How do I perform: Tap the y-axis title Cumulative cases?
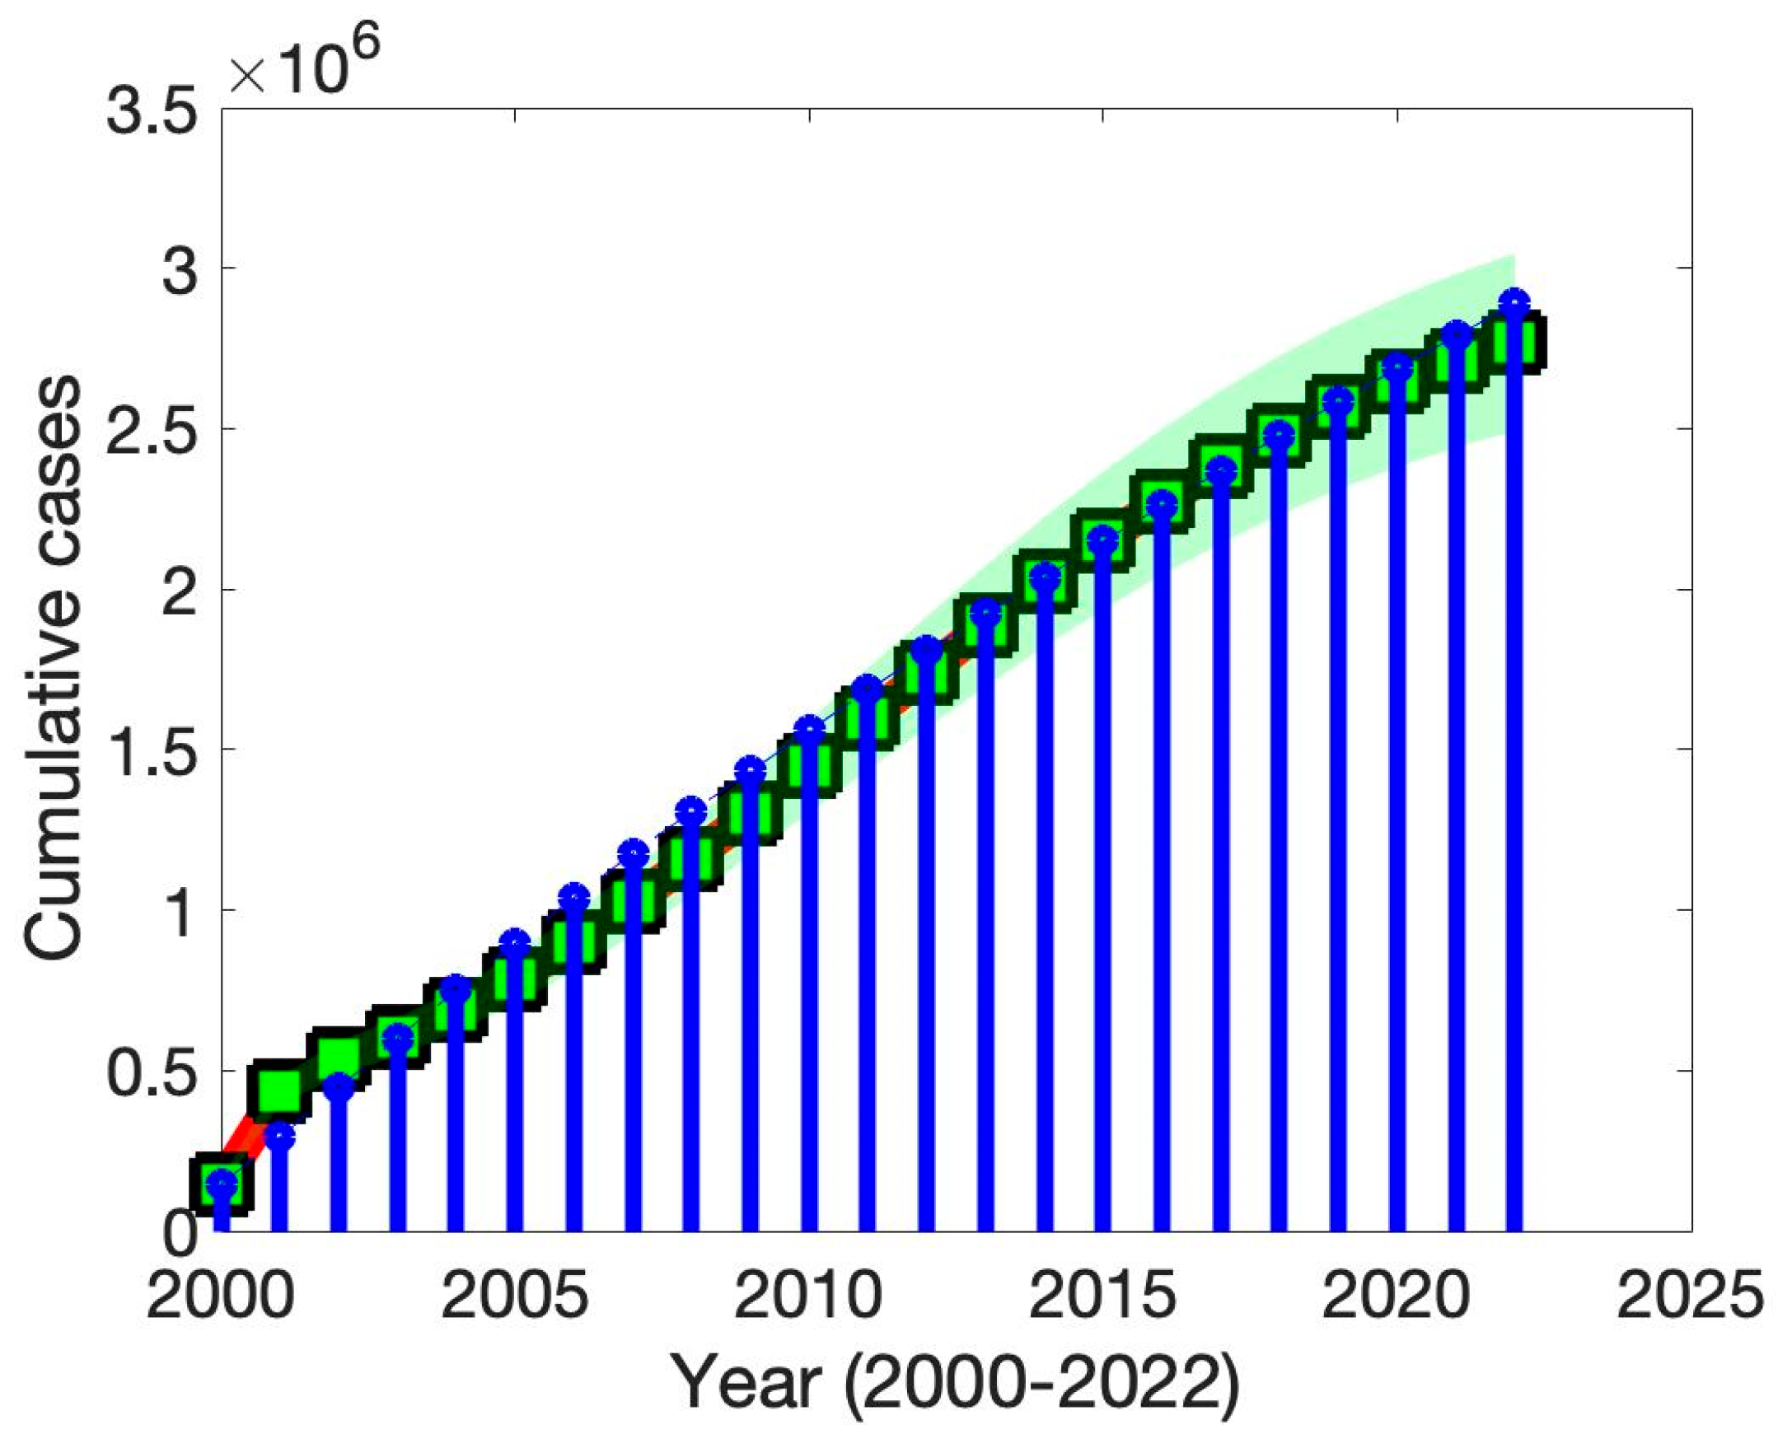coord(52,667)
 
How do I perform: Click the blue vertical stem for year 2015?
coord(1103,918)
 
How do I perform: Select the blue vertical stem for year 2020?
coord(1397,834)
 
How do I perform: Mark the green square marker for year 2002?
coord(338,1058)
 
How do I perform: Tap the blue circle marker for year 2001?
coord(280,1137)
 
